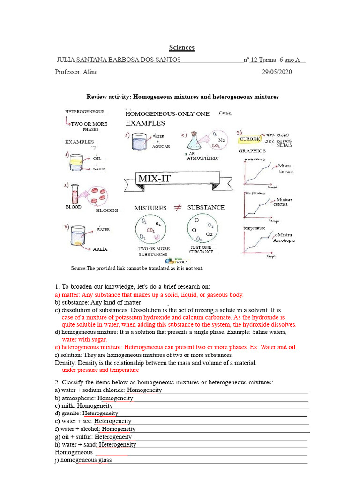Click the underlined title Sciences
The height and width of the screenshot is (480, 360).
(x=181, y=48)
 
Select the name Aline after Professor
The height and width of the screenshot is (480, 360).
(x=90, y=72)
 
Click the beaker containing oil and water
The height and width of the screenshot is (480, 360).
(x=75, y=162)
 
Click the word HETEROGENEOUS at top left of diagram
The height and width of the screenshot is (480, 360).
(x=84, y=112)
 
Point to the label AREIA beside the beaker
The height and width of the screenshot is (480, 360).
(x=100, y=249)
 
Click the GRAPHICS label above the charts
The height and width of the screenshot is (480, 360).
(x=252, y=151)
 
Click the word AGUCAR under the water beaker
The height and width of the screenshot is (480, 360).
(x=160, y=147)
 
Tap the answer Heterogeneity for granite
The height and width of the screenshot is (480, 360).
(x=100, y=413)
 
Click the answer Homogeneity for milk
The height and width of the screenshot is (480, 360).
(x=95, y=405)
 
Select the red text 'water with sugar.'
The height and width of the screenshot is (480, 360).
(x=84, y=339)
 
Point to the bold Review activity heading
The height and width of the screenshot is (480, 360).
(x=182, y=97)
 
